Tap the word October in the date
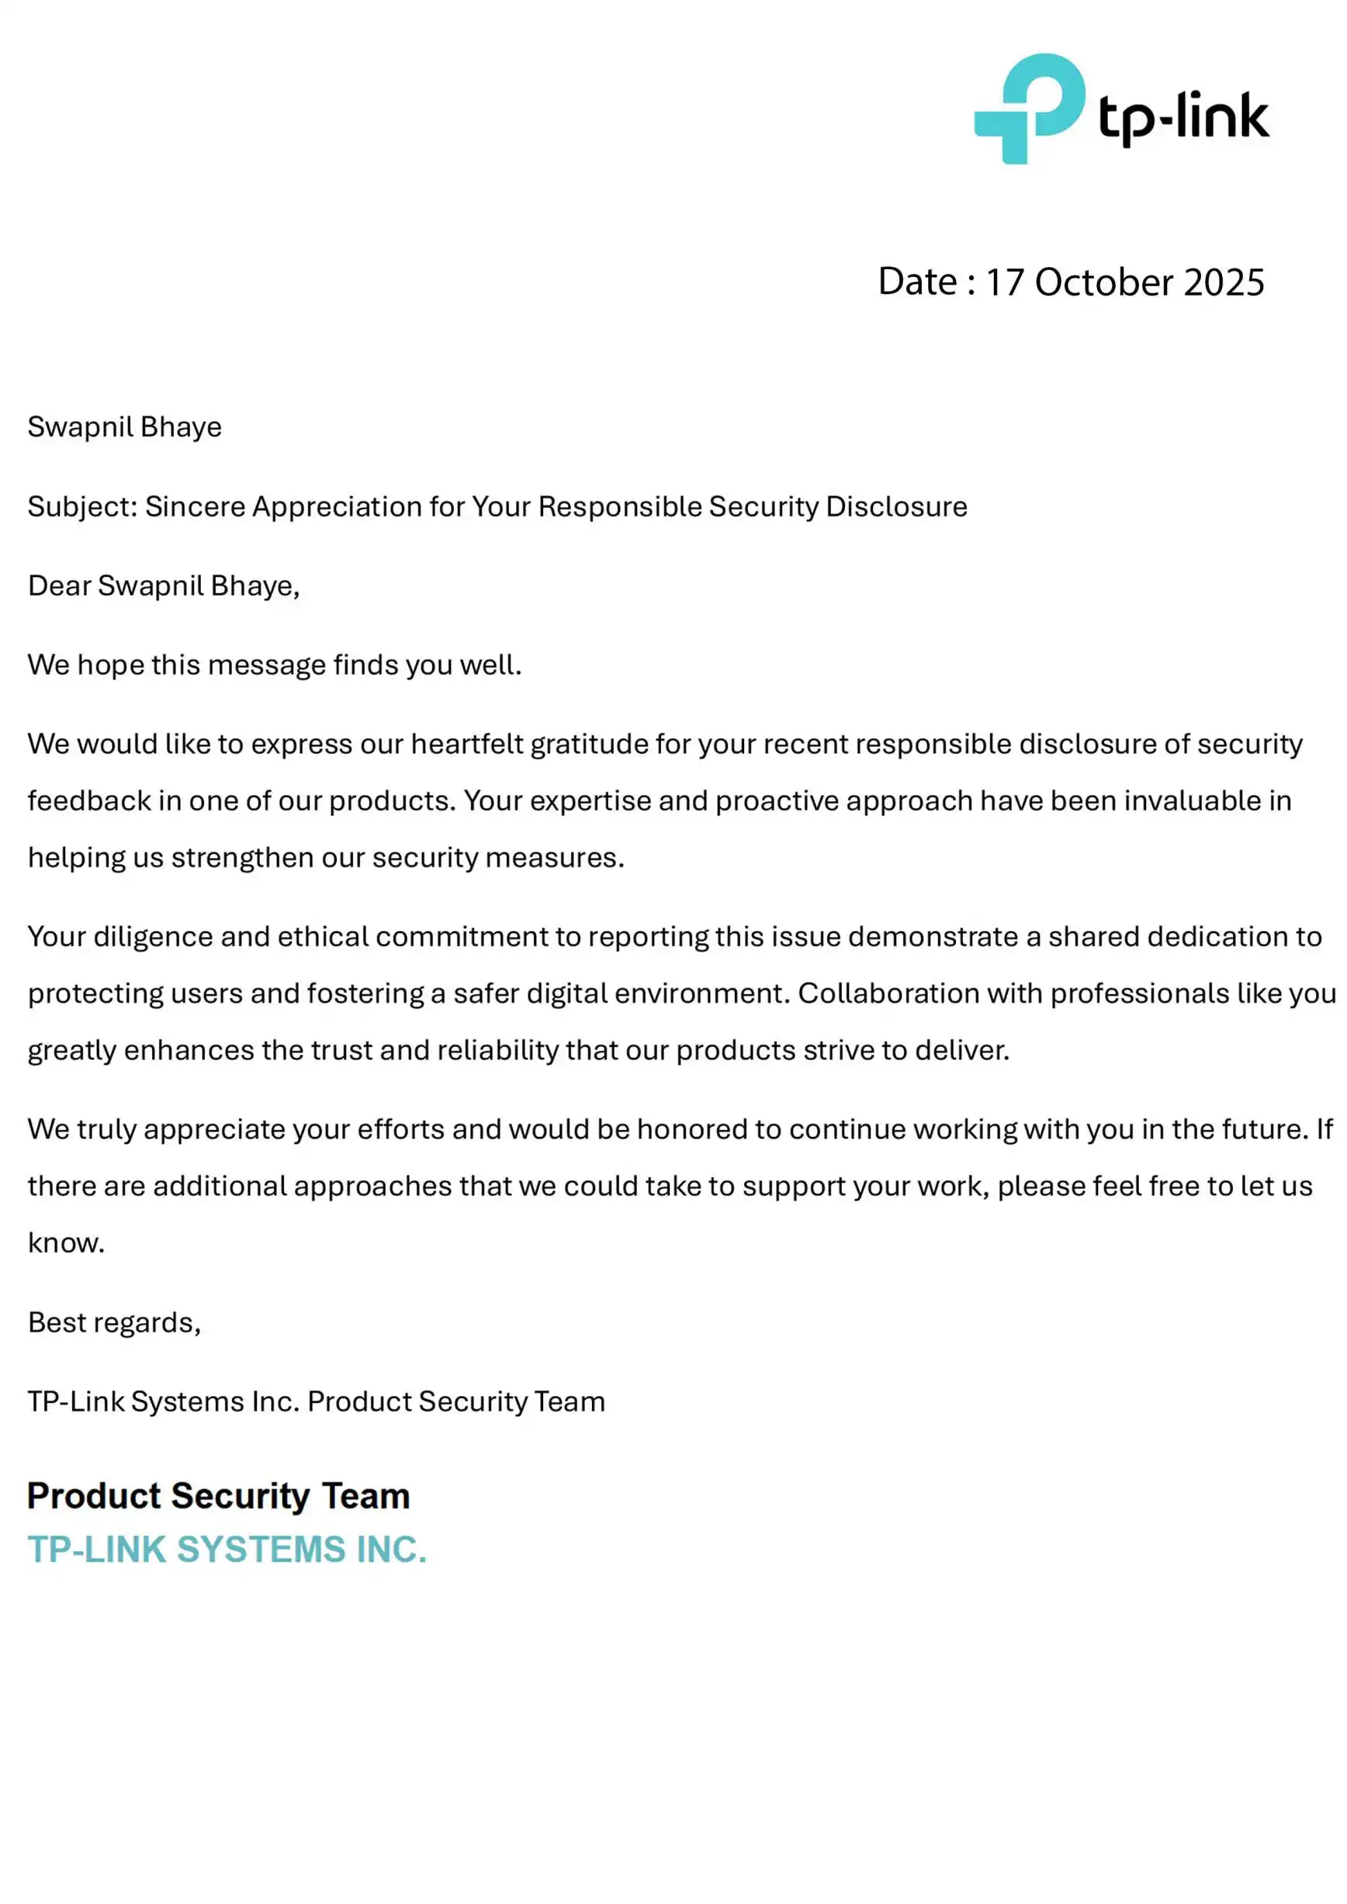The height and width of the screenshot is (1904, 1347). tap(1104, 283)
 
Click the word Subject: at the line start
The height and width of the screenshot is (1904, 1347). tap(82, 506)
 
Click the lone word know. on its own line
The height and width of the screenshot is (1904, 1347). tap(67, 1243)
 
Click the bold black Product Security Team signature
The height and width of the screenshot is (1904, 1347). tap(219, 1497)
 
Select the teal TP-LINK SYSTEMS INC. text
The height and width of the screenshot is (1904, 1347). tap(227, 1550)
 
